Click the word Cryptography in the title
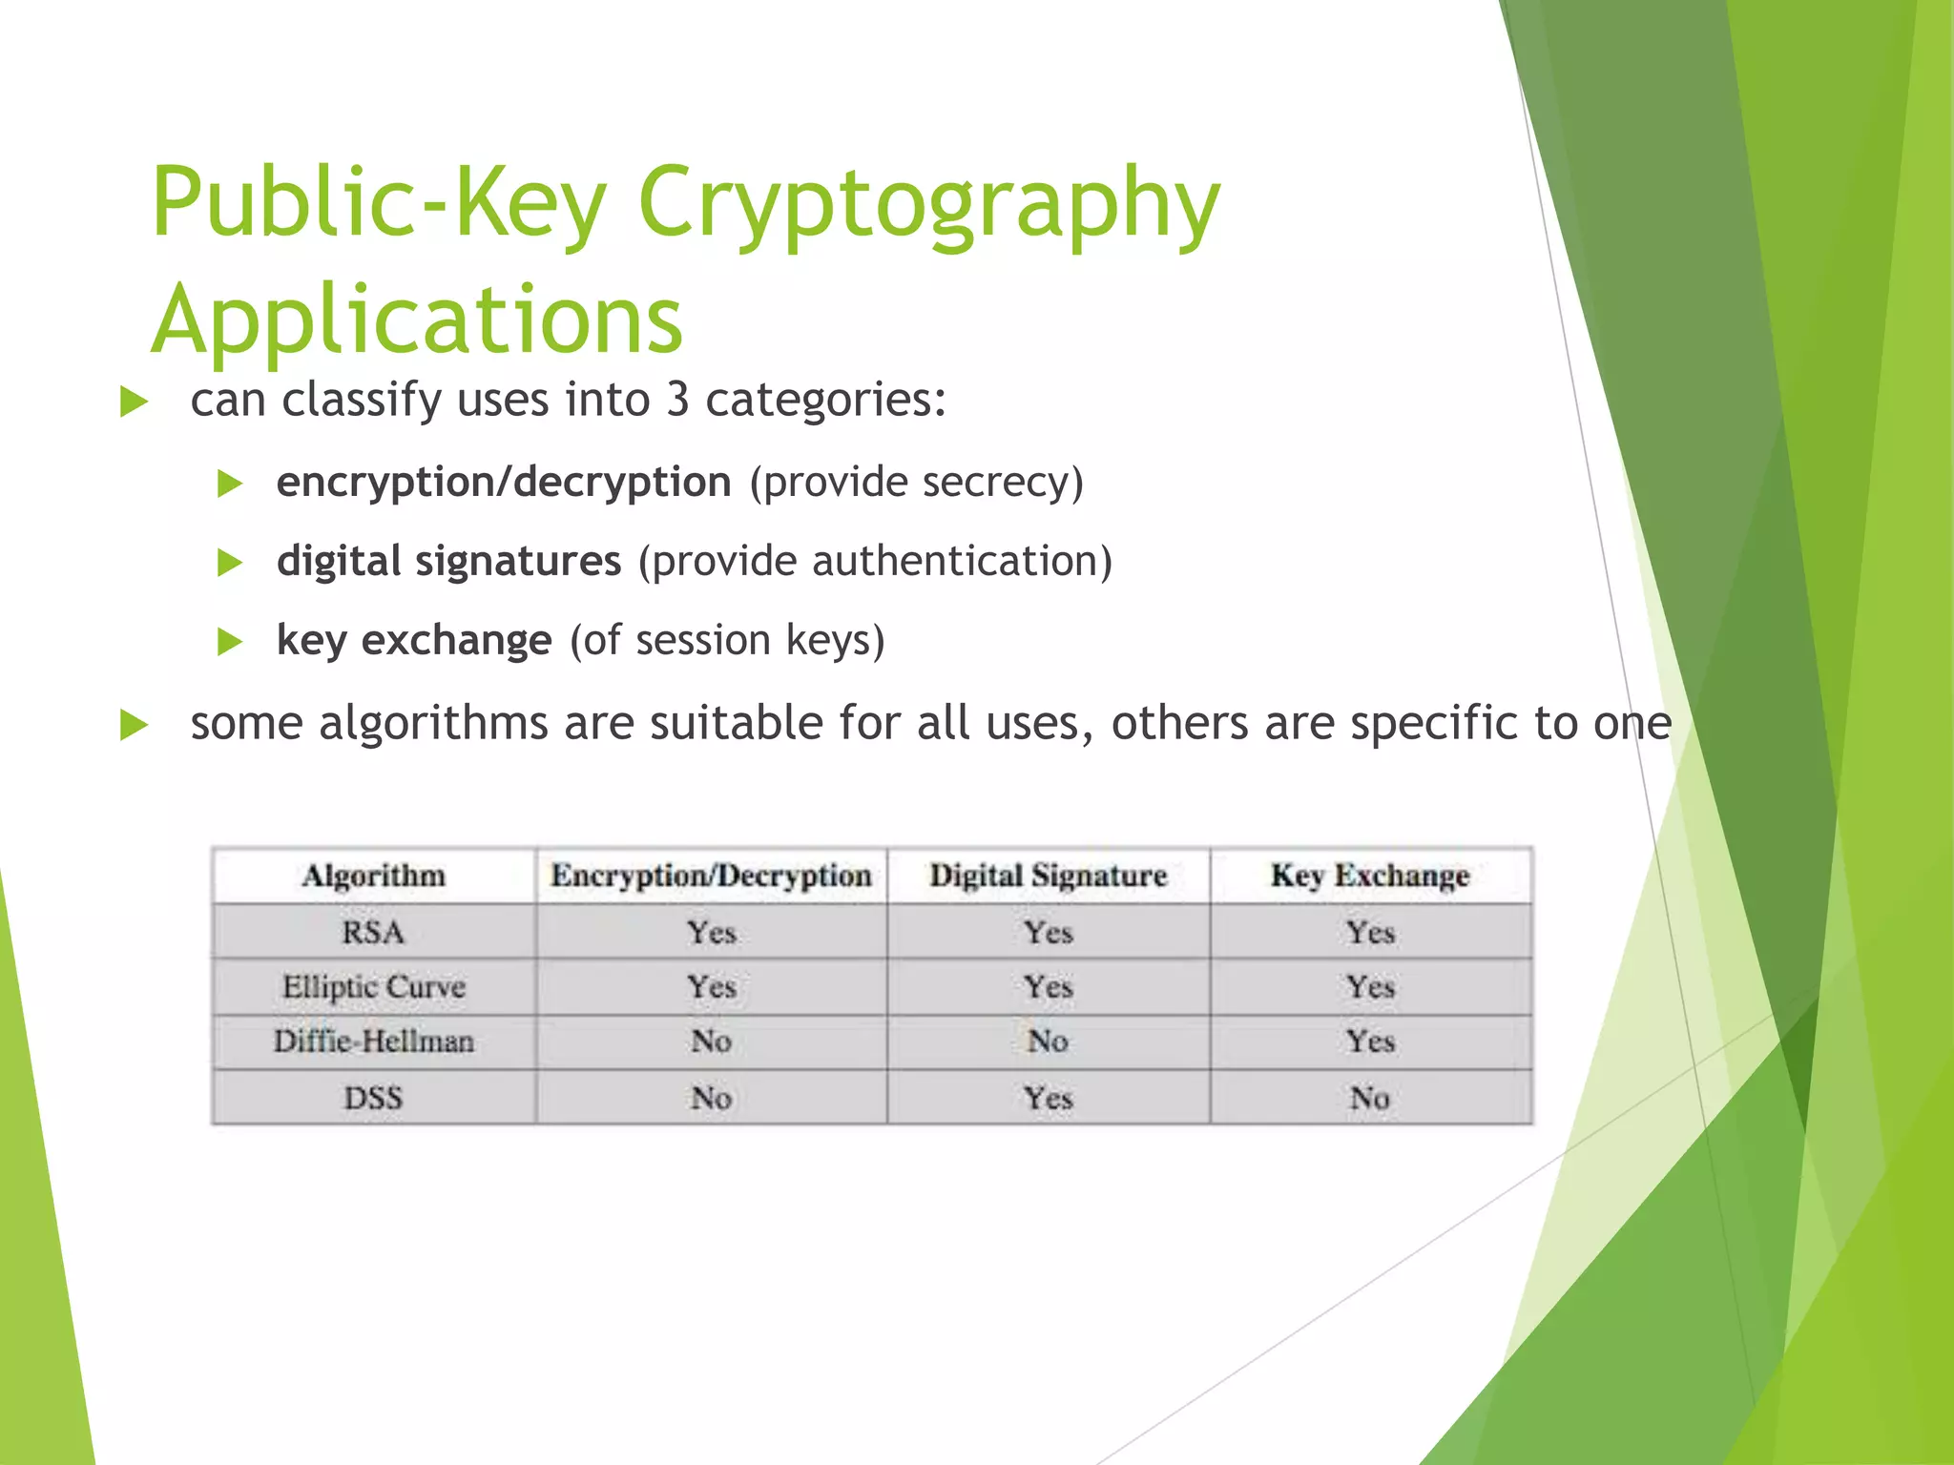pyautogui.click(x=928, y=202)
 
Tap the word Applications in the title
pyautogui.click(x=417, y=319)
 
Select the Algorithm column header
pyautogui.click(x=373, y=876)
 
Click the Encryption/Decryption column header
pyautogui.click(x=711, y=876)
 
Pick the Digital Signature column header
pyautogui.click(x=1048, y=876)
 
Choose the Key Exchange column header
pyautogui.click(x=1369, y=876)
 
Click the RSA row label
pyautogui.click(x=373, y=932)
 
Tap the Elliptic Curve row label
pyautogui.click(x=373, y=986)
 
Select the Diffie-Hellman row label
pyautogui.click(x=373, y=1041)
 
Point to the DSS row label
pyautogui.click(x=373, y=1098)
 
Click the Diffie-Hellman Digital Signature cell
pyautogui.click(x=1048, y=1041)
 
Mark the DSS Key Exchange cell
pyautogui.click(x=1369, y=1098)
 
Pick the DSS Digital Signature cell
pyautogui.click(x=1048, y=1098)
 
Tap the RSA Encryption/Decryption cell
pyautogui.click(x=711, y=932)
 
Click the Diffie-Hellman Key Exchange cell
pyautogui.click(x=1369, y=1041)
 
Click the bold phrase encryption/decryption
pyautogui.click(x=503, y=482)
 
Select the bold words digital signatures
pyautogui.click(x=448, y=561)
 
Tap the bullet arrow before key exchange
pyautogui.click(x=229, y=641)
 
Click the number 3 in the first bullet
pyautogui.click(x=677, y=399)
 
